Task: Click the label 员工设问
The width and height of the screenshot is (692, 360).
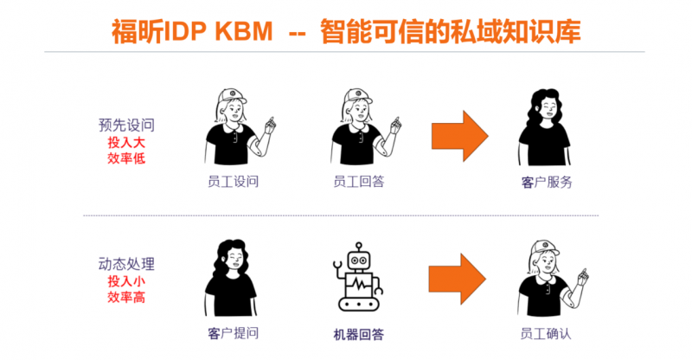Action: (233, 181)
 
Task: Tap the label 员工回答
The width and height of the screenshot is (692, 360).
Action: (358, 181)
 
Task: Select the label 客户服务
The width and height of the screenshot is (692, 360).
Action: (547, 182)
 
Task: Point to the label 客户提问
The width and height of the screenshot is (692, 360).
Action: (233, 333)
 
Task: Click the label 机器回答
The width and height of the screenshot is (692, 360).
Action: (358, 334)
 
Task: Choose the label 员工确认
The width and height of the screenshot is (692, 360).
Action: (546, 333)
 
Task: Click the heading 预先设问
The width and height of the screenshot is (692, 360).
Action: (126, 125)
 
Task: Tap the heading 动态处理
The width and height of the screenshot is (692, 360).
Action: (126, 264)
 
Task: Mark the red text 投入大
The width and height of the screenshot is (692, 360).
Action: (126, 142)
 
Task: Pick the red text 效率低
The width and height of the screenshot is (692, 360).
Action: (126, 157)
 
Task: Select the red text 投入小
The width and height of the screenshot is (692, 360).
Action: (126, 281)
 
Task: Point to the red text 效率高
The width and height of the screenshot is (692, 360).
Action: (126, 297)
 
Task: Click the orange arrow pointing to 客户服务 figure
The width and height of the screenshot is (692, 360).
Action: (460, 136)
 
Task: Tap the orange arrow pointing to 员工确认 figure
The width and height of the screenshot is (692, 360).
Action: (458, 279)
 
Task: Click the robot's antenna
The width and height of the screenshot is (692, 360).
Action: (359, 247)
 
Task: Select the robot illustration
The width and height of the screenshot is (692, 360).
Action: (358, 277)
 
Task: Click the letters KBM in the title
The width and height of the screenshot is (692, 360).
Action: (244, 32)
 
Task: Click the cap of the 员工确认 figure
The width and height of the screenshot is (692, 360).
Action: (545, 247)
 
